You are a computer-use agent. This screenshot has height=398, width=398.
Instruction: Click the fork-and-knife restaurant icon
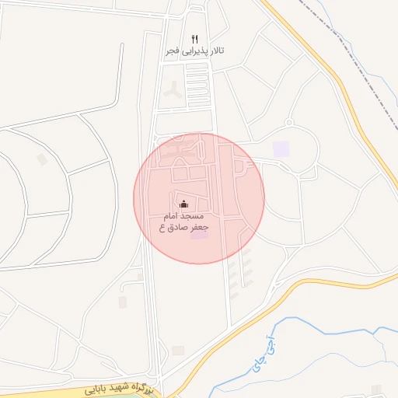[x=195, y=39]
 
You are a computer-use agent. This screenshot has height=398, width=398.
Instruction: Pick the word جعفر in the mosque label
[x=201, y=227]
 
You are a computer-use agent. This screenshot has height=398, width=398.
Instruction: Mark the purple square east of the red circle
[x=281, y=148]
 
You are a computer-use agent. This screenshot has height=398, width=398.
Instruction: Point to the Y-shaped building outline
[x=172, y=87]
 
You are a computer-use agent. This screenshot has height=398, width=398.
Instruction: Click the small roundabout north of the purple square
[x=289, y=122]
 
